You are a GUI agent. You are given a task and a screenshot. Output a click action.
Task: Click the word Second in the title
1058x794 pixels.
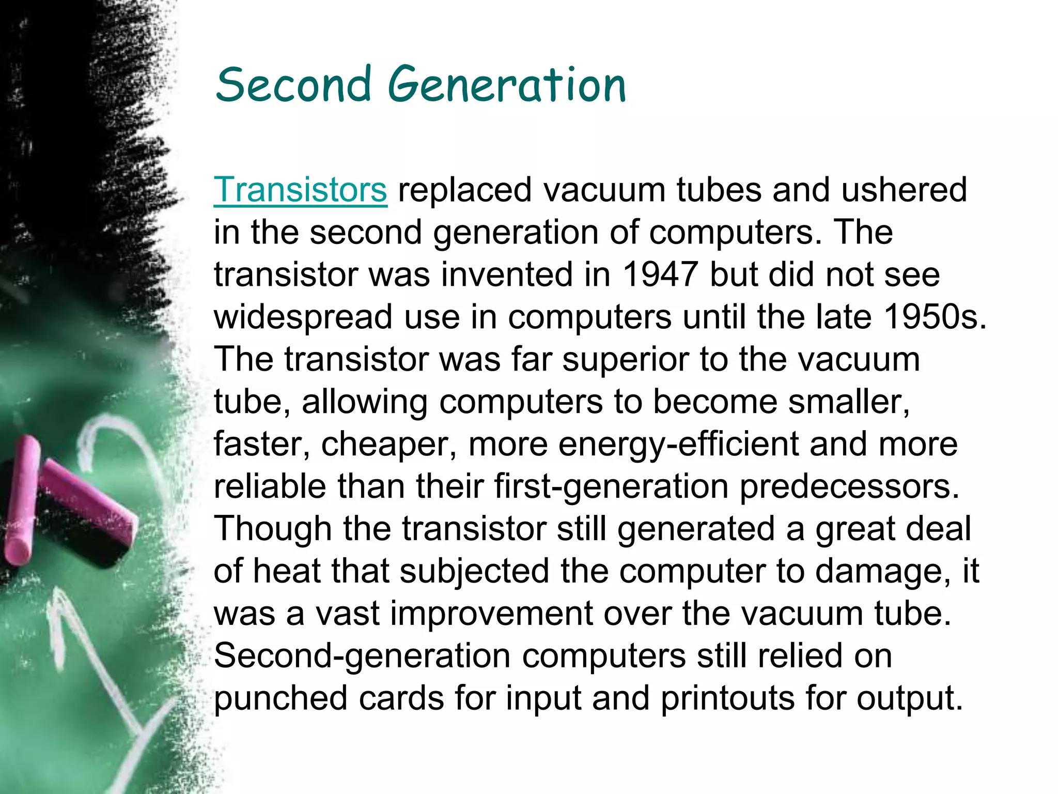(293, 84)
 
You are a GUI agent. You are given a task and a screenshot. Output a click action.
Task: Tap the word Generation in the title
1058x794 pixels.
(507, 84)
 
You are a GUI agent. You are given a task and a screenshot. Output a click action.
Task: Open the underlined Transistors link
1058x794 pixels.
(300, 190)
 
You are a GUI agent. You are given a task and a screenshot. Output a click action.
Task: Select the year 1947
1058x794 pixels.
(660, 274)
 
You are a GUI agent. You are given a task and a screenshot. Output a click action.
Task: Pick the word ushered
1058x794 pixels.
(904, 190)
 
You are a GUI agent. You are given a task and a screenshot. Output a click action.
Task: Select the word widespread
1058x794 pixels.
(303, 316)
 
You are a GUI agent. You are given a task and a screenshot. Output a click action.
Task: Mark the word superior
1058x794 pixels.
(626, 359)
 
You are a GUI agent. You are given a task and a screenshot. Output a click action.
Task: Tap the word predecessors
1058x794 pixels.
(849, 486)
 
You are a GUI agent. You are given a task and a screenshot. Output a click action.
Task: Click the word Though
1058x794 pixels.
(273, 528)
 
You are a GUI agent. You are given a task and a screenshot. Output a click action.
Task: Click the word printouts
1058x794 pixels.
(727, 698)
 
